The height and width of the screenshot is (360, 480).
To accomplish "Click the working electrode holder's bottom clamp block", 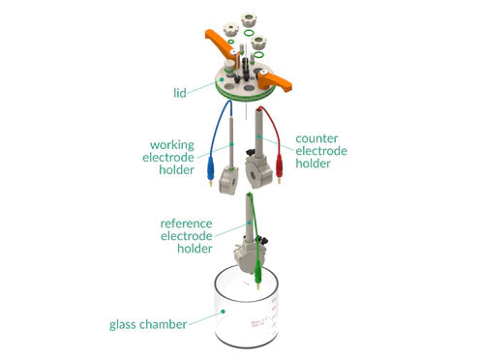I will [228, 181].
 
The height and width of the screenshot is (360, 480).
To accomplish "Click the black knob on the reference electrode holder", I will [261, 240].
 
